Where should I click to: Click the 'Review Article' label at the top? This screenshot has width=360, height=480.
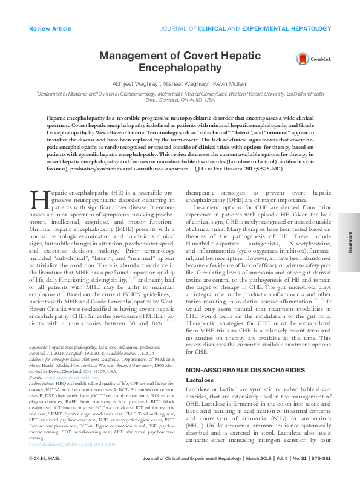point(50,28)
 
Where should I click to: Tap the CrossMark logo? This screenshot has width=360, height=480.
point(309,59)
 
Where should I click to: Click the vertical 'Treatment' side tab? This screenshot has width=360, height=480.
point(349,245)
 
